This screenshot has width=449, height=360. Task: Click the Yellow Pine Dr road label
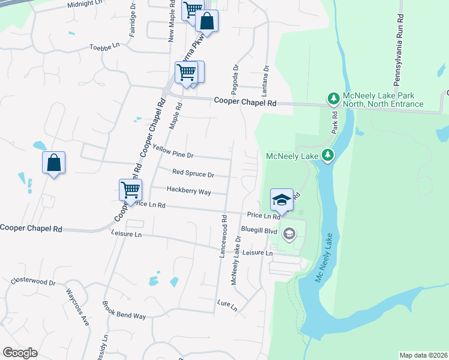[173, 151]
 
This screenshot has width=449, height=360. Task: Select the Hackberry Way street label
[188, 191]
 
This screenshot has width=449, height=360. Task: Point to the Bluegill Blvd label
[259, 230]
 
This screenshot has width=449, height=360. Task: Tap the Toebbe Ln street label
[105, 46]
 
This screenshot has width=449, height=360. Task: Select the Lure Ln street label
[228, 305]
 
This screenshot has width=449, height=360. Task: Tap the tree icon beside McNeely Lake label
[327, 155]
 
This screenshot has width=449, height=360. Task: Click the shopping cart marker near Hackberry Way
[130, 189]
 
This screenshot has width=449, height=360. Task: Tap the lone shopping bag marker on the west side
[53, 162]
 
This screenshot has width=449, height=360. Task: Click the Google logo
[20, 353]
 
